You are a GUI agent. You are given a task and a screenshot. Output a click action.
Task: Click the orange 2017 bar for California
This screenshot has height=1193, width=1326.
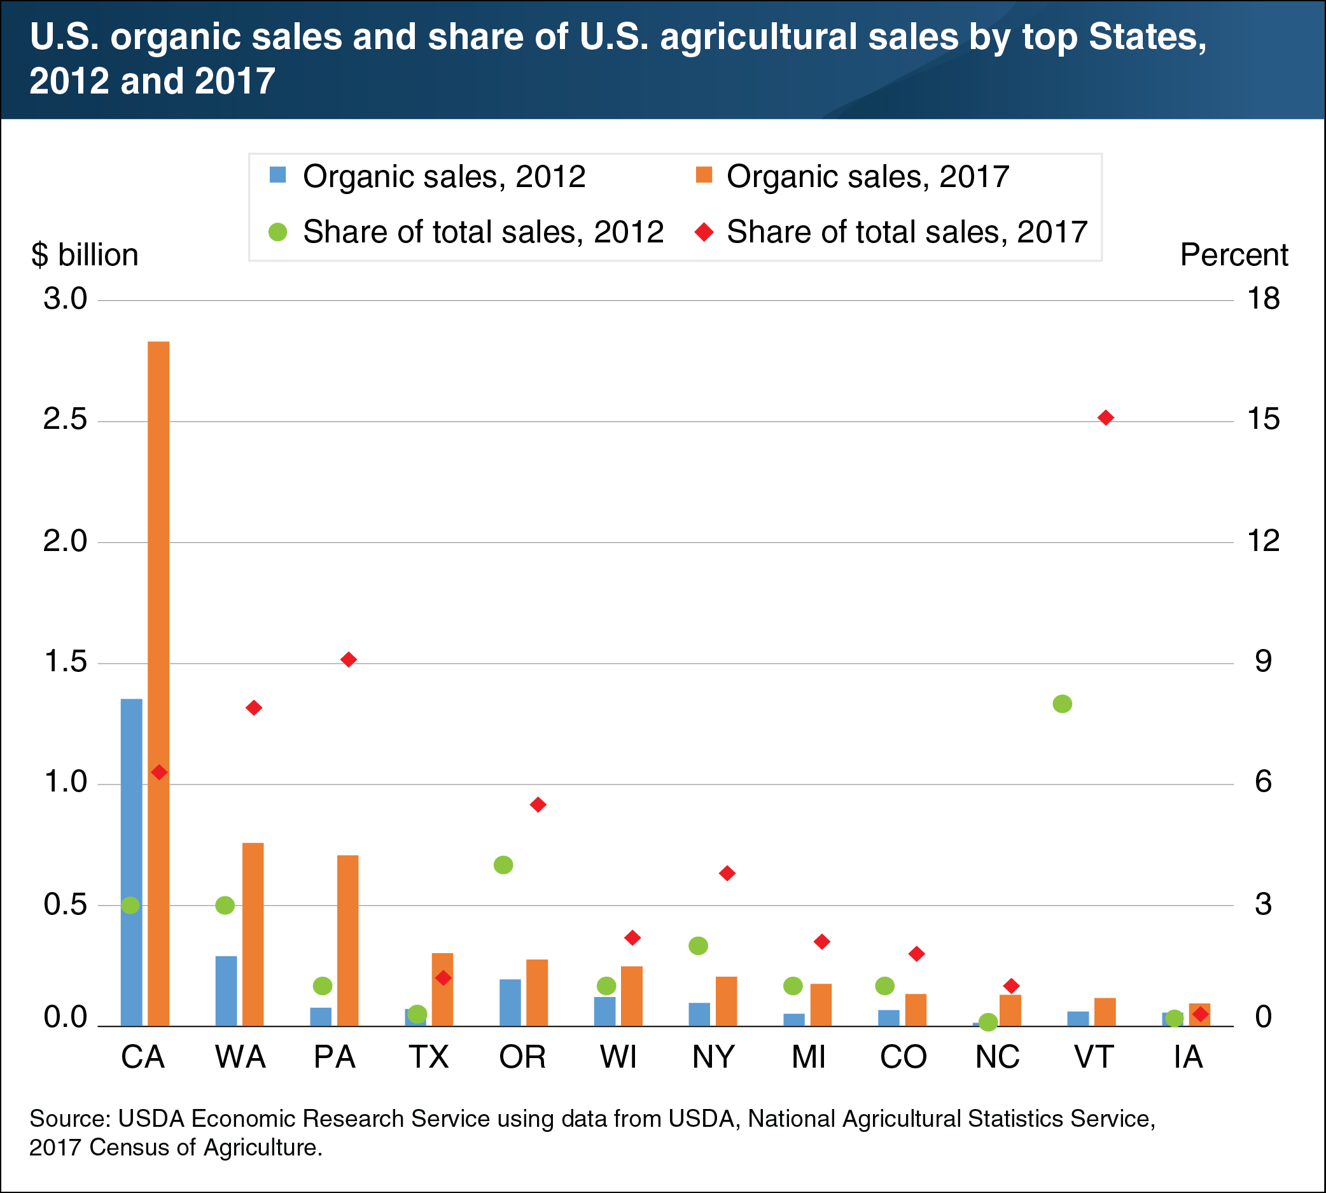click(158, 681)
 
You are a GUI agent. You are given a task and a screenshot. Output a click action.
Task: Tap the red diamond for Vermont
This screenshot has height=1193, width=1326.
click(1106, 417)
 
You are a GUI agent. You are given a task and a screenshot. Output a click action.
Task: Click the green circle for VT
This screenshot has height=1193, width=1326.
click(1062, 704)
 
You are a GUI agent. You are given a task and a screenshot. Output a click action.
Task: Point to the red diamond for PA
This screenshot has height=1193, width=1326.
click(349, 659)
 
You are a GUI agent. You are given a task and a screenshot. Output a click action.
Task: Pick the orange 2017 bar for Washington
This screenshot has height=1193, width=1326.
click(253, 934)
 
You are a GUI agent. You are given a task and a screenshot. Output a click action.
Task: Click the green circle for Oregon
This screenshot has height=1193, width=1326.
click(503, 865)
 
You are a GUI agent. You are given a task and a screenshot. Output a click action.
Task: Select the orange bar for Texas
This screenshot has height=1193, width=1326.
click(442, 990)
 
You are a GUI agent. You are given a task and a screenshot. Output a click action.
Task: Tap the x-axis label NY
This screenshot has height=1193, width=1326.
click(714, 1057)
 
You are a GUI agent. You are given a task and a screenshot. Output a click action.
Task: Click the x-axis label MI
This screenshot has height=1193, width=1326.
click(808, 1057)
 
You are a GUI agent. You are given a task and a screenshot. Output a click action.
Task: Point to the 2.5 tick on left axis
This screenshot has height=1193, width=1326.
click(65, 420)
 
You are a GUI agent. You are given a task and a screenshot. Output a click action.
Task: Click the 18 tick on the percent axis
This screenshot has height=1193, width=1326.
click(1263, 300)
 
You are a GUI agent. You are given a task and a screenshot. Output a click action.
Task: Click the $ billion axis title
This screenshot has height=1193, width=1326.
click(85, 255)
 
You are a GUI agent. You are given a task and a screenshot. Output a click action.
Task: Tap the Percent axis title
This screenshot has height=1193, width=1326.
click(1234, 255)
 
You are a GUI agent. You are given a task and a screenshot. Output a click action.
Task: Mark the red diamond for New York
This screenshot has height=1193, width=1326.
click(727, 873)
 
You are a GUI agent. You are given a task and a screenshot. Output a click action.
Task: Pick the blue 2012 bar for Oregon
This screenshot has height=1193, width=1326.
click(510, 1002)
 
